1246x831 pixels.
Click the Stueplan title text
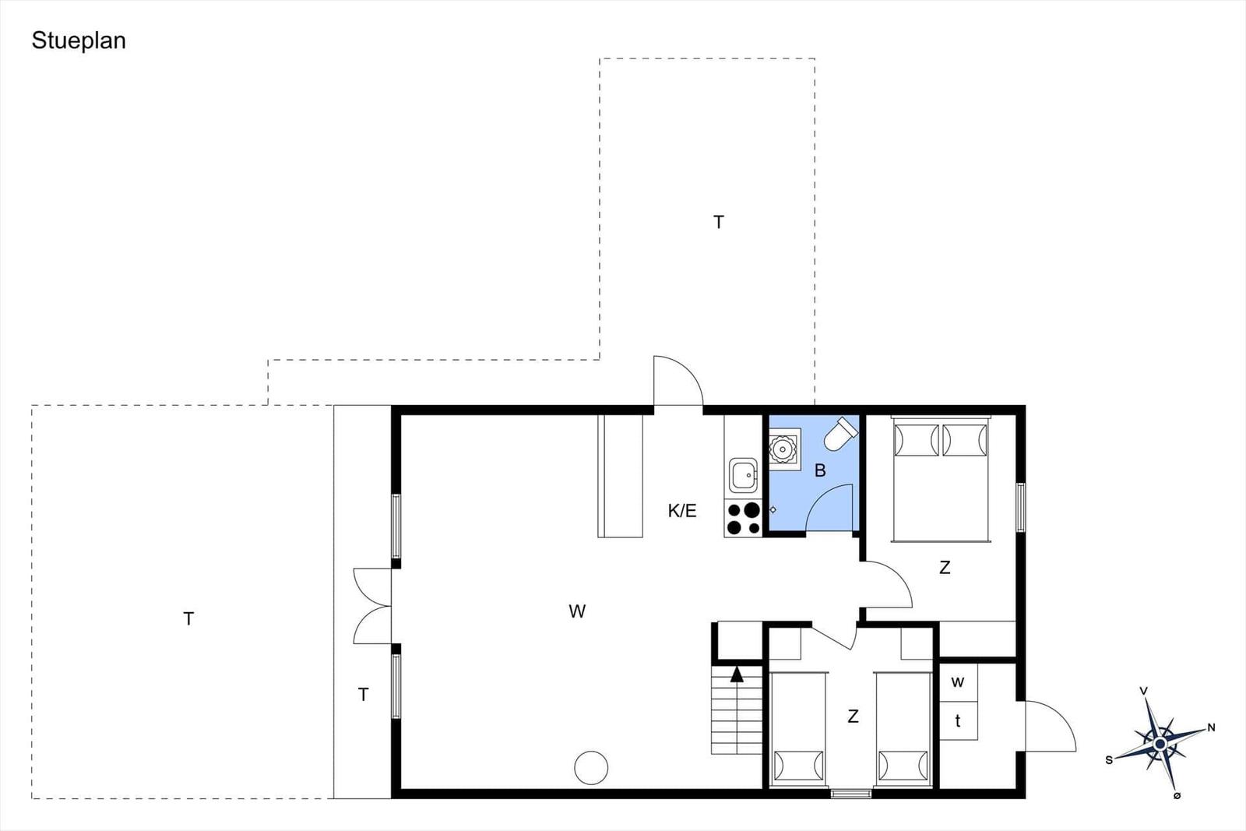(79, 41)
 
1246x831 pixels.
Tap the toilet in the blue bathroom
(840, 433)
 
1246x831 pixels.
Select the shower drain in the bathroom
(784, 449)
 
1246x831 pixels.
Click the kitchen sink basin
(743, 476)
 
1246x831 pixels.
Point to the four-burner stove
(743, 518)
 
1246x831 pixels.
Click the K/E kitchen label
(682, 511)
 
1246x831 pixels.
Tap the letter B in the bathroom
(820, 470)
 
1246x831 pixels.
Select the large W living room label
(577, 611)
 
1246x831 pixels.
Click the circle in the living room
(591, 768)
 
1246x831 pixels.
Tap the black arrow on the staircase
(737, 674)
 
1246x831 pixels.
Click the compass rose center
(1160, 744)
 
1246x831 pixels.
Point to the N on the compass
(1211, 727)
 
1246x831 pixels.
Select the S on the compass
(1109, 760)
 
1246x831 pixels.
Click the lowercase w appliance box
(959, 682)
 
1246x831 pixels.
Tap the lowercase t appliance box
(959, 721)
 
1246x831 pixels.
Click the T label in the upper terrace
(719, 222)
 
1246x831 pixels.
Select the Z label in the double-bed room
(945, 567)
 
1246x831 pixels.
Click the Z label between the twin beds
(853, 717)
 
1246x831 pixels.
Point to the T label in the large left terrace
(188, 618)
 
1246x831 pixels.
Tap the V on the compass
(1144, 691)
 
